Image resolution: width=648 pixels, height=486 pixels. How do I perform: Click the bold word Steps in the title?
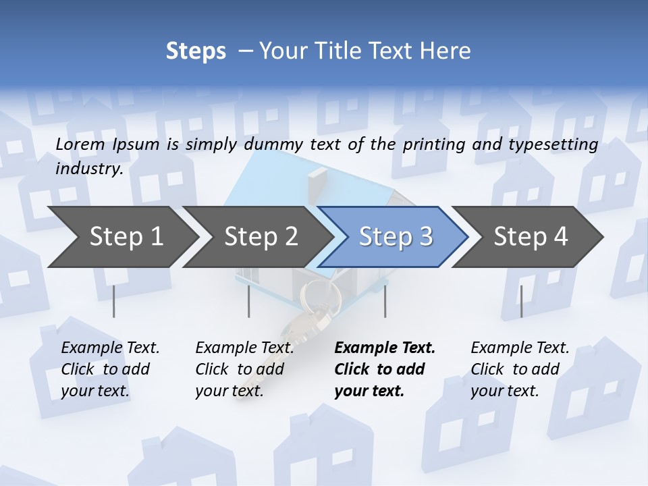(196, 51)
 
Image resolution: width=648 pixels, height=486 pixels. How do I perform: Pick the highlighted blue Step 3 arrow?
(396, 237)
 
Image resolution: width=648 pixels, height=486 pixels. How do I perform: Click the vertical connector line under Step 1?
(113, 301)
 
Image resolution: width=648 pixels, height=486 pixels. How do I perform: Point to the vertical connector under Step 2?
(249, 301)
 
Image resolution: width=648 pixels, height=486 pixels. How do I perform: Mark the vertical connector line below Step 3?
(385, 301)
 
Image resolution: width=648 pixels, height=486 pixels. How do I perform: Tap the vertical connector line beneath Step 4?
(521, 301)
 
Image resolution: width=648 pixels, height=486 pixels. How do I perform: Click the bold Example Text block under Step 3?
(385, 369)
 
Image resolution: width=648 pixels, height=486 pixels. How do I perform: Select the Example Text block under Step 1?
(110, 369)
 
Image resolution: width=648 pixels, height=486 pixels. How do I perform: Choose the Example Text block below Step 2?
(244, 369)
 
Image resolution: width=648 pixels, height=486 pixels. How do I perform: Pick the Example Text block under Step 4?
(520, 369)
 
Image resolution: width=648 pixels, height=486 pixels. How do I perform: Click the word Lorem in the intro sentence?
(80, 144)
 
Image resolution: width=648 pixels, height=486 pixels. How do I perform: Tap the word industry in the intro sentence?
(89, 169)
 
